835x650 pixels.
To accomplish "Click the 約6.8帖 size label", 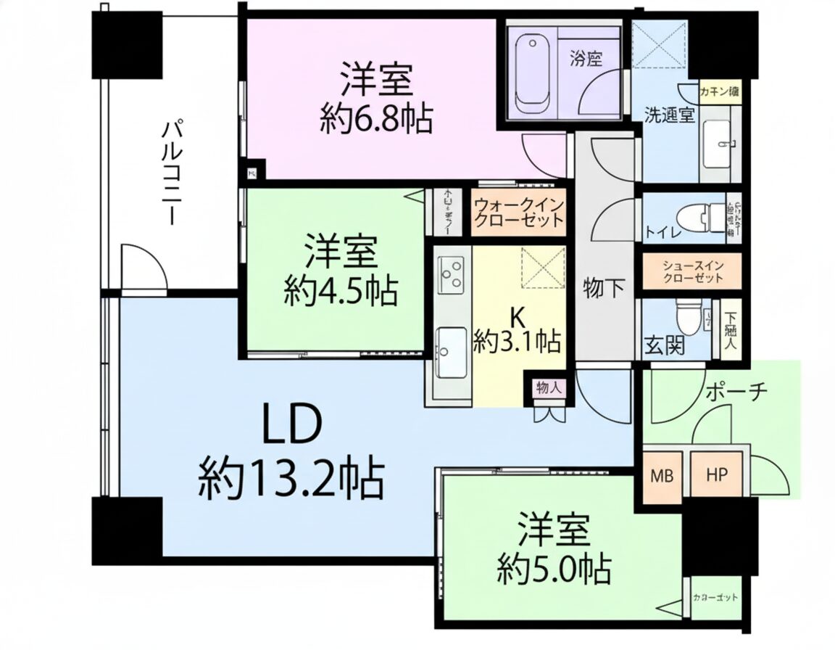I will click(x=376, y=118).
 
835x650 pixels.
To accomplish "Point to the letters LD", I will click(x=291, y=427).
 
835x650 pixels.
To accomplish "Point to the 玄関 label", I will click(x=663, y=346).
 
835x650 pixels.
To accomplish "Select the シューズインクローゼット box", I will click(x=692, y=271).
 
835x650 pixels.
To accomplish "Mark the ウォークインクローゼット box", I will click(x=518, y=213).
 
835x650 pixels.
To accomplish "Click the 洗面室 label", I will click(x=671, y=114).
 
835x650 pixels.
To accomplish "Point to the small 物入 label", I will click(x=547, y=388).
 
